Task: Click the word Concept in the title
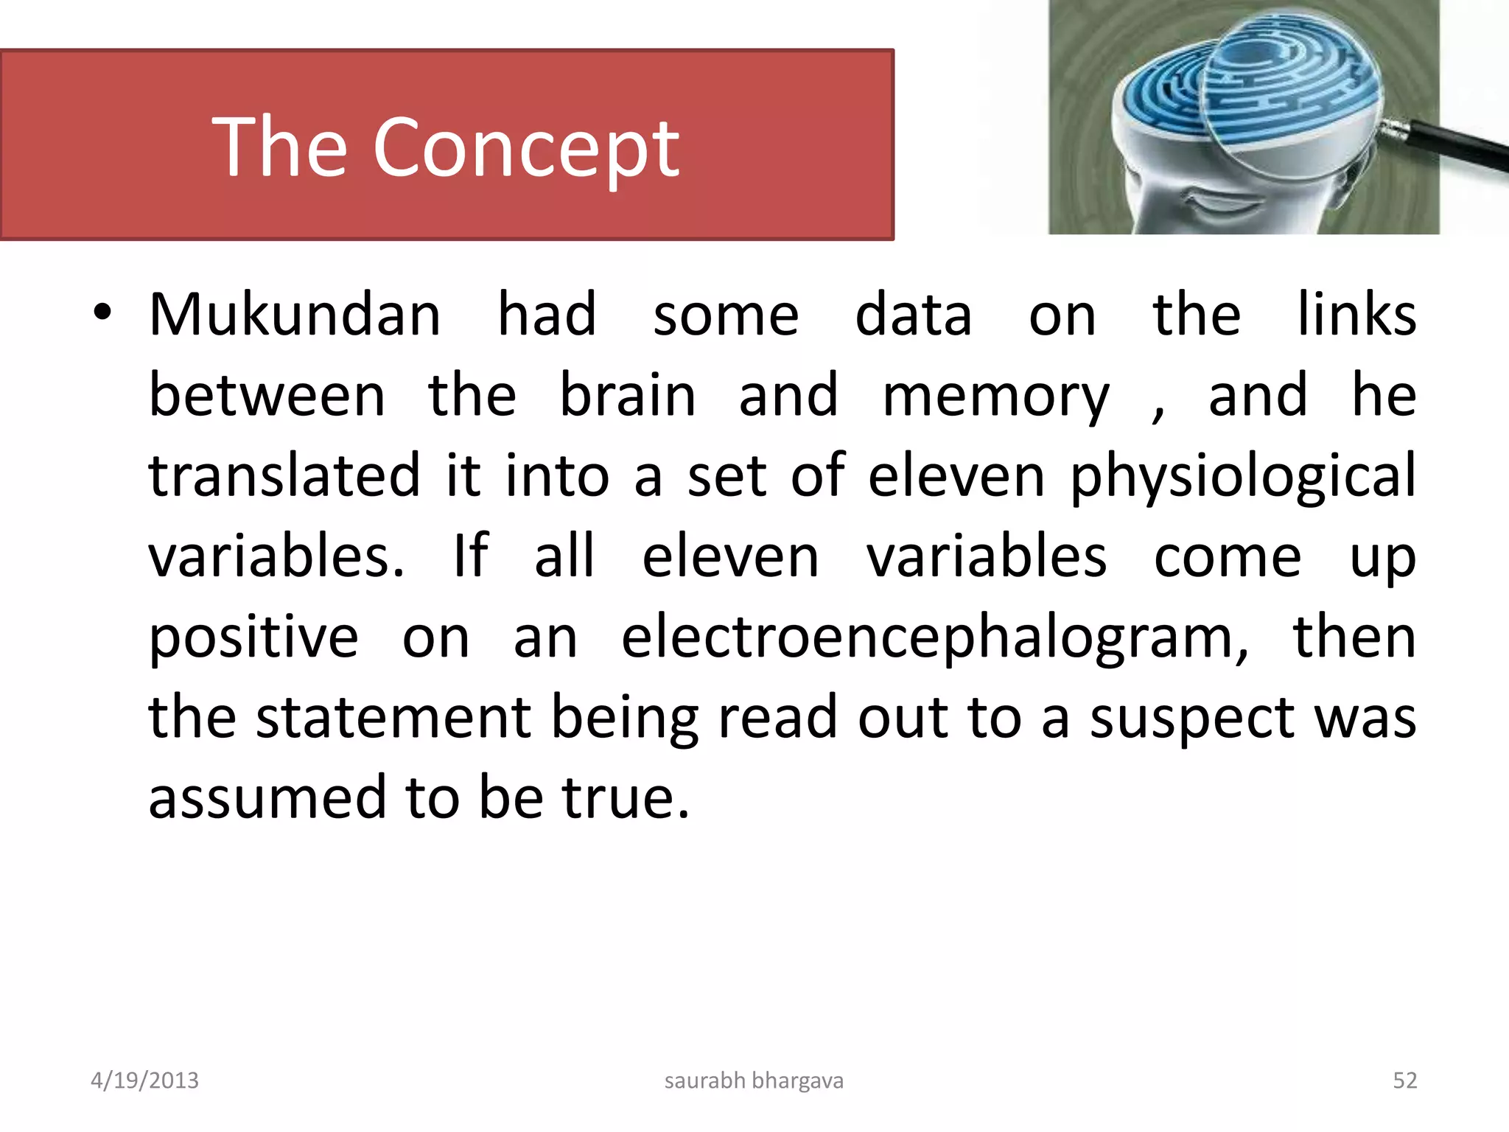526,149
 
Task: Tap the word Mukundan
295,315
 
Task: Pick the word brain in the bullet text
628,396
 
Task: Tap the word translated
284,476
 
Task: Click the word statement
393,718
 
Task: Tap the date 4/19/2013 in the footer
144,1080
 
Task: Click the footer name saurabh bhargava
754,1080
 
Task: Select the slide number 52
1404,1080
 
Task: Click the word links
1356,315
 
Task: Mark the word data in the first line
913,315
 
